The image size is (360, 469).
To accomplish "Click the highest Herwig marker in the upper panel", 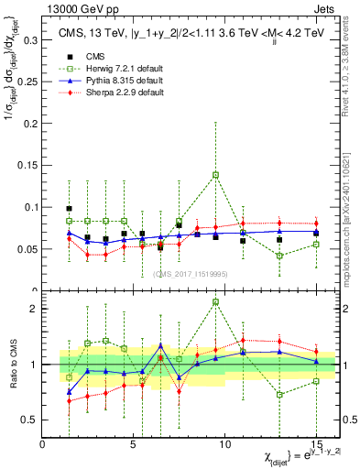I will (216, 174).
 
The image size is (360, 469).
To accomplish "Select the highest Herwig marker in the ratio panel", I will (216, 301).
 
